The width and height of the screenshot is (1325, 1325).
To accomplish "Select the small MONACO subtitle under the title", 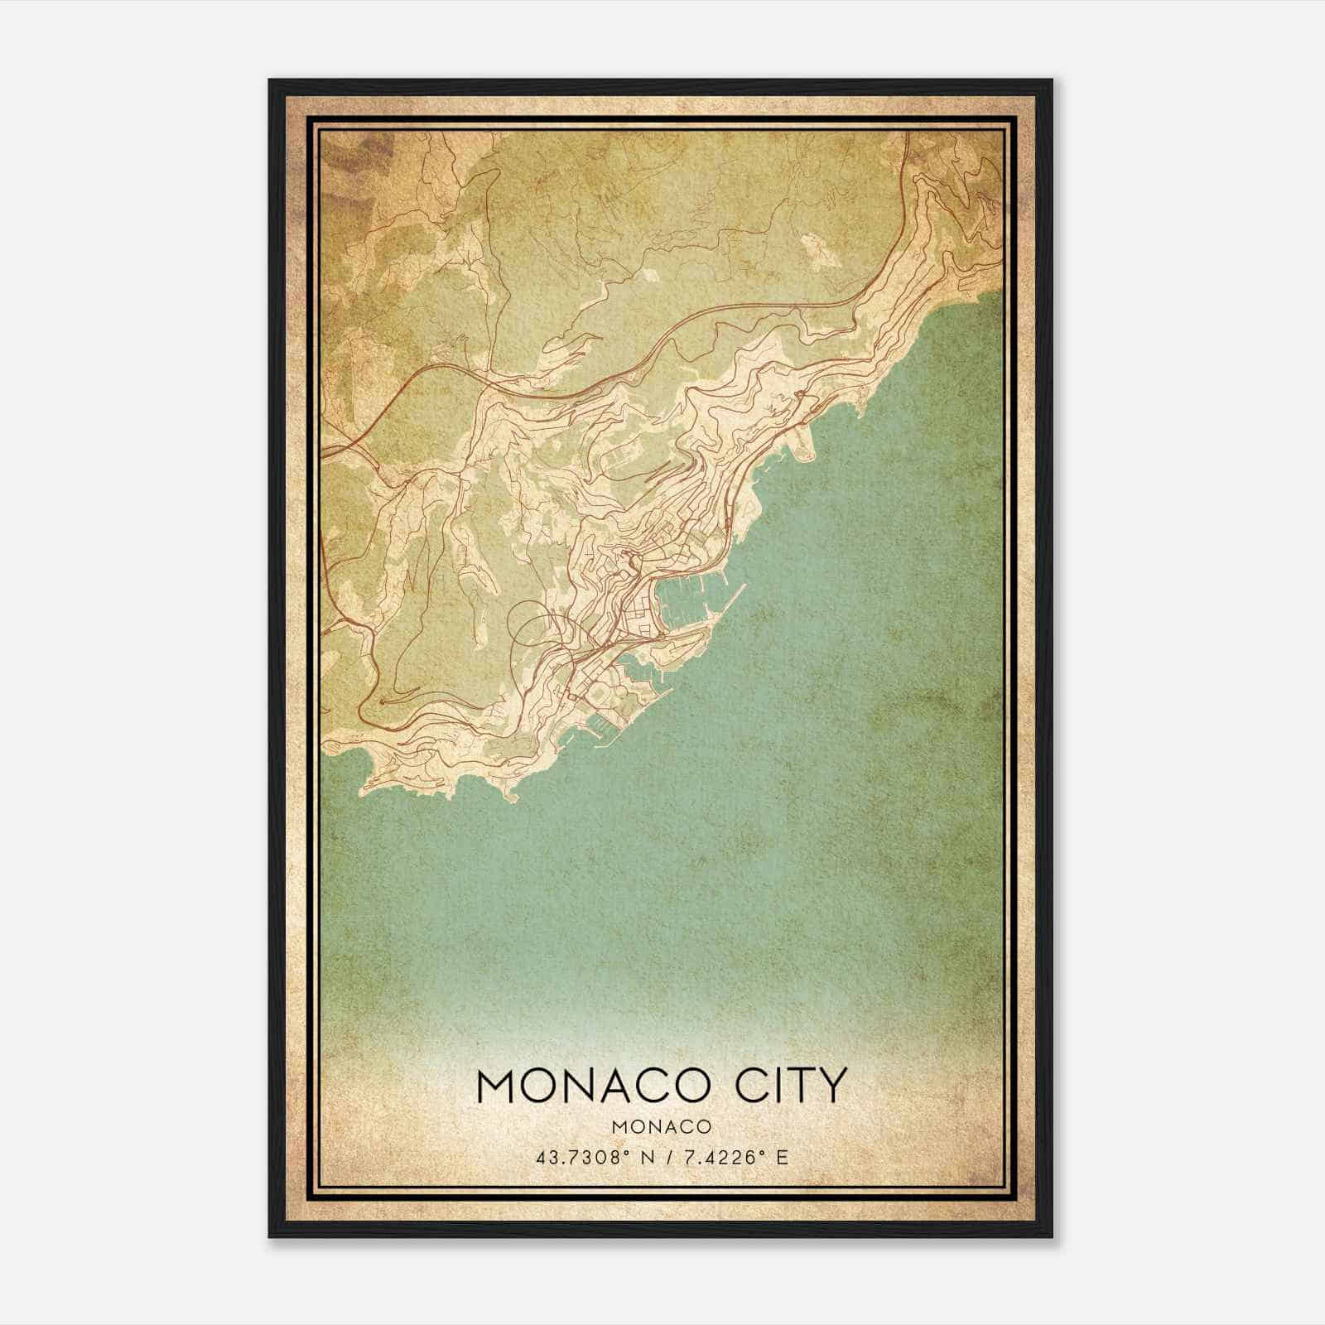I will pyautogui.click(x=662, y=1126).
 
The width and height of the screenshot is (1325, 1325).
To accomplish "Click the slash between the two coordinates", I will pyautogui.click(x=662, y=1157).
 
